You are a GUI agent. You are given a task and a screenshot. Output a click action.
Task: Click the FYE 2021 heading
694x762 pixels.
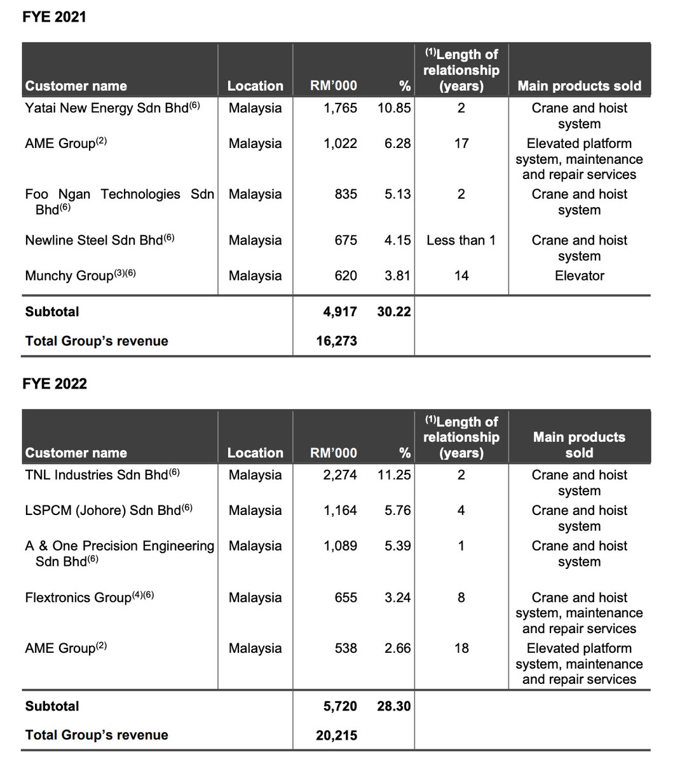pyautogui.click(x=54, y=17)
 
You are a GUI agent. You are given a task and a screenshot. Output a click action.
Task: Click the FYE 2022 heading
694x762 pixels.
pyautogui.click(x=54, y=384)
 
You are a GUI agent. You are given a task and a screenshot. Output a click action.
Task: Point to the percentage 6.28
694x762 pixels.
pyautogui.click(x=397, y=144)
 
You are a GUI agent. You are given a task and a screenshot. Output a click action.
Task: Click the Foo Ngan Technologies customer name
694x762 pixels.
pyautogui.click(x=119, y=194)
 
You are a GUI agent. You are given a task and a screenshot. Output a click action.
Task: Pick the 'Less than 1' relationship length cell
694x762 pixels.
pyautogui.click(x=461, y=240)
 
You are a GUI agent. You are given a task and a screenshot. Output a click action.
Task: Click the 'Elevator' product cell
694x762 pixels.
pyautogui.click(x=579, y=276)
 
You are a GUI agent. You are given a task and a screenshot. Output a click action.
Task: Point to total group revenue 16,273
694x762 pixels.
pyautogui.click(x=336, y=341)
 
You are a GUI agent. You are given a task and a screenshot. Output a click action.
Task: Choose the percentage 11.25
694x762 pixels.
pyautogui.click(x=394, y=475)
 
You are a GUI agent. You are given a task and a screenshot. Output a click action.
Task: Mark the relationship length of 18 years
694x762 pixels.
pyautogui.click(x=461, y=648)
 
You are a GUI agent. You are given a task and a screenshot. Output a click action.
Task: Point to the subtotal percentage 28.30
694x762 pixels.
pyautogui.click(x=394, y=706)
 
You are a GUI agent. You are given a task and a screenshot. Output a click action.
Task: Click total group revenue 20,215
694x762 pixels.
pyautogui.click(x=336, y=735)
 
